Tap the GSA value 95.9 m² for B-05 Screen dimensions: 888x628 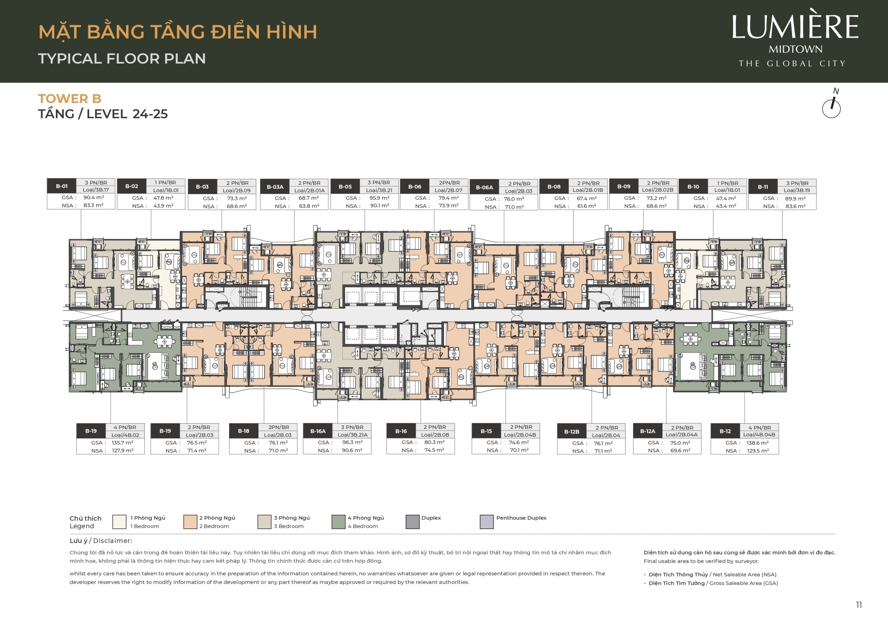379,198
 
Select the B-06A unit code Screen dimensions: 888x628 484,187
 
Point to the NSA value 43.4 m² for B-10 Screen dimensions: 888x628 726,206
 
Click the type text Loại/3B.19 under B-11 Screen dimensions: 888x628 797,190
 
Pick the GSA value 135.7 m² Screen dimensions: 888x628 123,443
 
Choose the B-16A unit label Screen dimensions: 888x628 318,431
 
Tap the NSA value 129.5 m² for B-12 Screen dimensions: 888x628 757,451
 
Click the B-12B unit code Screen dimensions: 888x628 572,432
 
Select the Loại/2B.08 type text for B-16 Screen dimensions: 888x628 435,435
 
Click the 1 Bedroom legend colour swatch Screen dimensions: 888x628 119,522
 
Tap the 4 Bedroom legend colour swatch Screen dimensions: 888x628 339,522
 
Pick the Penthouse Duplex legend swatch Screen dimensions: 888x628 487,522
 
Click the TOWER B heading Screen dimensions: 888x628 70,99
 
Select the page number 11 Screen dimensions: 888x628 859,604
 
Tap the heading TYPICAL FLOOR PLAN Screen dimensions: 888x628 122,59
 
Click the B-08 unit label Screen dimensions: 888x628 554,187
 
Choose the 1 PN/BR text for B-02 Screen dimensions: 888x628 165,183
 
